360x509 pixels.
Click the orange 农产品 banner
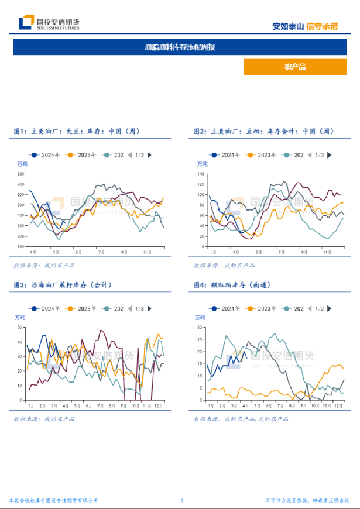[x=295, y=67]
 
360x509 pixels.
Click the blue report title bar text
[x=180, y=47]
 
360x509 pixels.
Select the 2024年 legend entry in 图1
[x=47, y=155]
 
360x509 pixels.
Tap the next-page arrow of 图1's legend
[x=150, y=155]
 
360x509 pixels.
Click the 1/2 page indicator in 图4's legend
[x=319, y=308]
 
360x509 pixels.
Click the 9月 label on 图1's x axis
[x=124, y=252]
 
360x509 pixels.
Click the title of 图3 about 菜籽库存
[x=63, y=285]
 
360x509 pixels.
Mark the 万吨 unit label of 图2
[x=201, y=164]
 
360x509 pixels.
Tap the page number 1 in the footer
[x=182, y=501]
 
